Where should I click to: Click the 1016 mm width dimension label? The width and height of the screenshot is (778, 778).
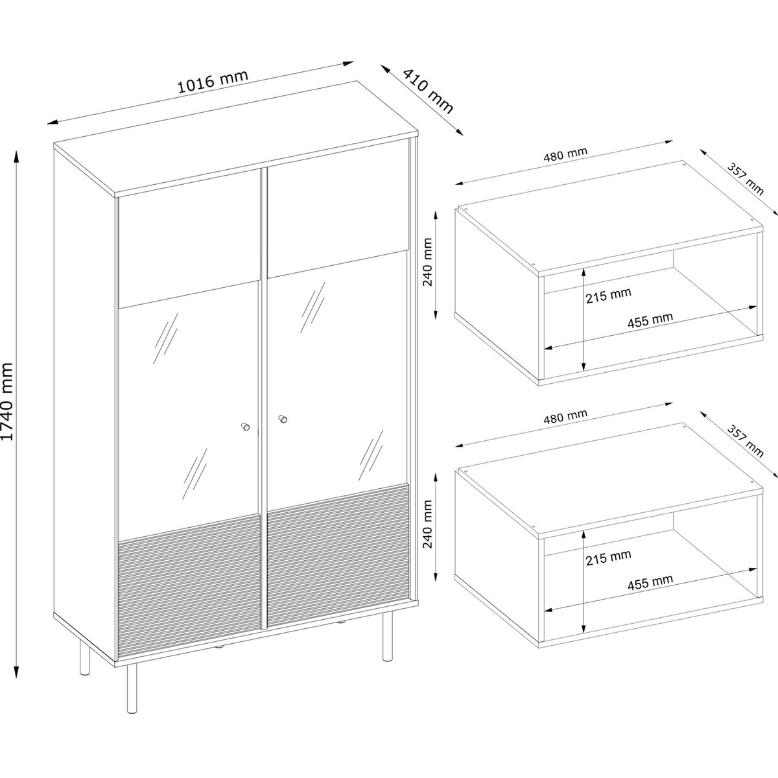pyautogui.click(x=212, y=82)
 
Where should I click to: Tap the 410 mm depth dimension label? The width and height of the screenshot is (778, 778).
pyautogui.click(x=428, y=91)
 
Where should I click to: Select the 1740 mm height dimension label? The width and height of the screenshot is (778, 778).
pyautogui.click(x=8, y=401)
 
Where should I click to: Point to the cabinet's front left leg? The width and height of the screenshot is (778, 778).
pyautogui.click(x=132, y=690)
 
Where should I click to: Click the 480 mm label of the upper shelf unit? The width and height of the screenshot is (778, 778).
pyautogui.click(x=565, y=154)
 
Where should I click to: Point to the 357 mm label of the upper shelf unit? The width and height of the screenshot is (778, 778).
pyautogui.click(x=745, y=178)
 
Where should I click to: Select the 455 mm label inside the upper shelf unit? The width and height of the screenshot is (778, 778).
pyautogui.click(x=650, y=320)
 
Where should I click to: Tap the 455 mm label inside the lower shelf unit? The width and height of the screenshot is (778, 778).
pyautogui.click(x=650, y=582)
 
